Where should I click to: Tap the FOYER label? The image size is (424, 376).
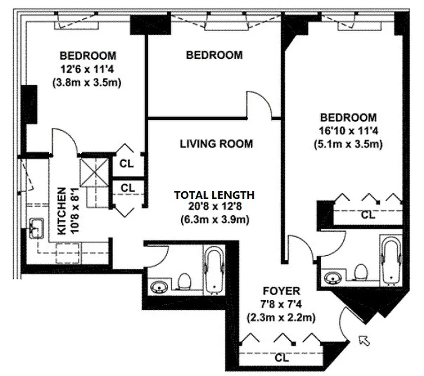click(x=281, y=291)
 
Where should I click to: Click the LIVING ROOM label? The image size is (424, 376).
click(x=216, y=144)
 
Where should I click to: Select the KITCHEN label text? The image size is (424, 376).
click(x=62, y=211)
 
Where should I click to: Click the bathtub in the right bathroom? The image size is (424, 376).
click(x=391, y=261)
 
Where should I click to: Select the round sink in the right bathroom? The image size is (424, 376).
click(x=334, y=276)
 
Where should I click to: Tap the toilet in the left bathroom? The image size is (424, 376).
click(x=185, y=282)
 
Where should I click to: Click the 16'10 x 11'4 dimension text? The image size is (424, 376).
click(x=348, y=131)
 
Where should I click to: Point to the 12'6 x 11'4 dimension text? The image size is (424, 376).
click(x=88, y=70)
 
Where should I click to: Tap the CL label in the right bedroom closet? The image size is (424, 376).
click(x=368, y=215)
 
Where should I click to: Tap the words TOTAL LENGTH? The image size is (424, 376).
click(x=215, y=195)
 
